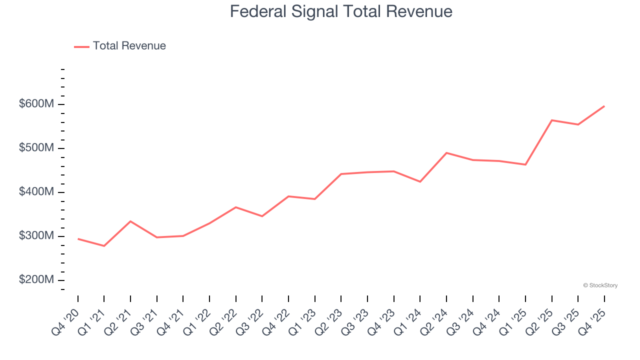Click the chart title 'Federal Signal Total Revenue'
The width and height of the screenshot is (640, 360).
point(341,11)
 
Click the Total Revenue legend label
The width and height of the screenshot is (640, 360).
point(129,46)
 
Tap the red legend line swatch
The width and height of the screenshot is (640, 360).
point(81,46)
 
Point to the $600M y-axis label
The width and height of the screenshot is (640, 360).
point(36,104)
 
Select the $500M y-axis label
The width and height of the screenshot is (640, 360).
point(36,148)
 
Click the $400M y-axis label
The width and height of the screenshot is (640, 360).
point(36,192)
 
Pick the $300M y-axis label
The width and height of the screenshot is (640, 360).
point(36,236)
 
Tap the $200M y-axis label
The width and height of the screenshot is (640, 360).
point(36,280)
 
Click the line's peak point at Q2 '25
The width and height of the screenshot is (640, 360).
point(551,120)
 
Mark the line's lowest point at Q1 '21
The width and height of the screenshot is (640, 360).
point(104,246)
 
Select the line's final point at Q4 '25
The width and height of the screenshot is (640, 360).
point(604,106)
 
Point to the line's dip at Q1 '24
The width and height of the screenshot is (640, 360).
point(420,181)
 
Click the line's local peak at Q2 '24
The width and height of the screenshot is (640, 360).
point(446,152)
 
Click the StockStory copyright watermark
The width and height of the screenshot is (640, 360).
point(600,285)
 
